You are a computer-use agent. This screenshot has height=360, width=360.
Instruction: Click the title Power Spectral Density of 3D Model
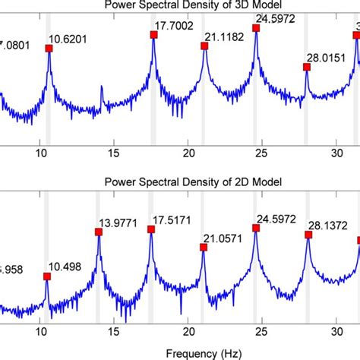[x=179, y=8]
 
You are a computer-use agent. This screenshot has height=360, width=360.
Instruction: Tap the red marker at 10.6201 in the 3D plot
[x=49, y=48]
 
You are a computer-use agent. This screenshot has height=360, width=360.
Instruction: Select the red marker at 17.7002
[x=153, y=34]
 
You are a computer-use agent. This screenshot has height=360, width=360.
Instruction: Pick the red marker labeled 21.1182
[x=204, y=46]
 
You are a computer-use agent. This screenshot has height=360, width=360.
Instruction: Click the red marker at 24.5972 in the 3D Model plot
[x=256, y=28]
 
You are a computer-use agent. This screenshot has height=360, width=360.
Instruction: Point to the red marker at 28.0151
[x=307, y=68]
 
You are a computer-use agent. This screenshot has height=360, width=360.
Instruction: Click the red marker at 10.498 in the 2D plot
[x=47, y=276]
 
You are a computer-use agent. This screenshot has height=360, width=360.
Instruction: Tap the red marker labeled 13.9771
[x=99, y=232]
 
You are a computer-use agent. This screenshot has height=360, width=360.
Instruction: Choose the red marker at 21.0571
[x=203, y=246]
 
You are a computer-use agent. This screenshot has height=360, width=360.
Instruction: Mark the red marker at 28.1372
[x=308, y=235]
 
